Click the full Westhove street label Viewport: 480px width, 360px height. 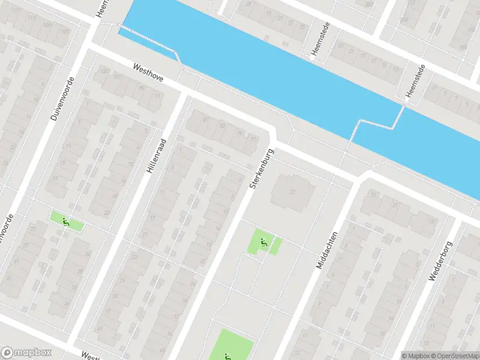(x=148, y=73)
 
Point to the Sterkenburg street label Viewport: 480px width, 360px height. (x=262, y=170)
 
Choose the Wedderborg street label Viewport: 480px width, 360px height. (x=439, y=257)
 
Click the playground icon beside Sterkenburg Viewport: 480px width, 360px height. (x=263, y=242)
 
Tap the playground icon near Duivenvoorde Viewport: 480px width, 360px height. (x=66, y=221)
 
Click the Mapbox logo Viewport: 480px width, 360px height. (x=25, y=353)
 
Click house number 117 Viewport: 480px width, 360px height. (x=16, y=11)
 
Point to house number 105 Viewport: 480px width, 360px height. (x=64, y=31)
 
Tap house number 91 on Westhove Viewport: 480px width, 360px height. (x=158, y=95)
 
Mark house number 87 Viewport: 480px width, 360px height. (x=205, y=119)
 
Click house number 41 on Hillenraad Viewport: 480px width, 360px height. (x=98, y=329)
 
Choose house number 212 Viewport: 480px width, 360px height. (x=370, y=4)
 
